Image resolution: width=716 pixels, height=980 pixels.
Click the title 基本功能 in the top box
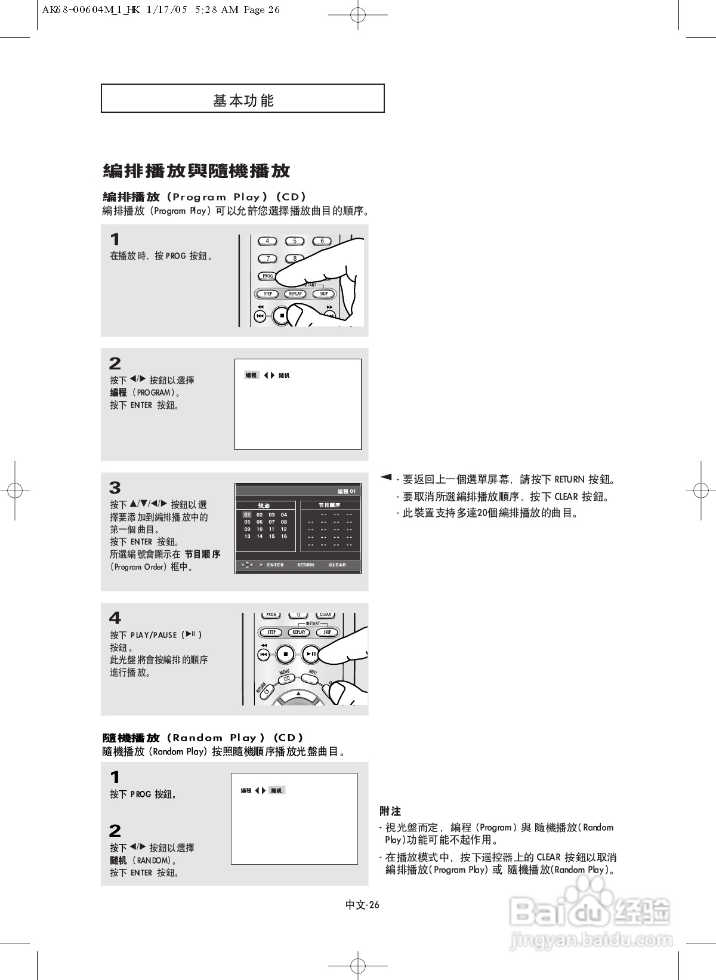click(243, 100)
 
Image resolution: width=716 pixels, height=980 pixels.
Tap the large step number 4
click(115, 618)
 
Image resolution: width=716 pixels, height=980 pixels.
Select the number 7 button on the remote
click(268, 258)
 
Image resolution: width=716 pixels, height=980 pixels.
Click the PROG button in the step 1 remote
click(268, 276)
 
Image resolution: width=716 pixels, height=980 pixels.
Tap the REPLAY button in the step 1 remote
click(295, 294)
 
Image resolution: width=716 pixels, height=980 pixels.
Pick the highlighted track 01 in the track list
click(247, 514)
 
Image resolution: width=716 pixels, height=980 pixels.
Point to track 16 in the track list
click(284, 536)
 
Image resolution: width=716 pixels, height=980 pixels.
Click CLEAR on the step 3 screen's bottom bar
click(337, 565)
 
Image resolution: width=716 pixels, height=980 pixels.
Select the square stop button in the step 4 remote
click(286, 654)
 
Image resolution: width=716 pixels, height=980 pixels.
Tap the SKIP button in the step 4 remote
click(327, 632)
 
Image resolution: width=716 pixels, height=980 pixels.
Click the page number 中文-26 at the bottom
click(362, 905)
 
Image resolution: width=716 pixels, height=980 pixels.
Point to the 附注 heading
click(390, 811)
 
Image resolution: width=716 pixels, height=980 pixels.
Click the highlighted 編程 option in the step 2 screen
click(251, 375)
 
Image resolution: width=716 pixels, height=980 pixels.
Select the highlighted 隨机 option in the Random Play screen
click(276, 790)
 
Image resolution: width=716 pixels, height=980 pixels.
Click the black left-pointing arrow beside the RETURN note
click(386, 477)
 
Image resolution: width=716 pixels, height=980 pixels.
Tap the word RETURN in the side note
click(569, 479)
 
